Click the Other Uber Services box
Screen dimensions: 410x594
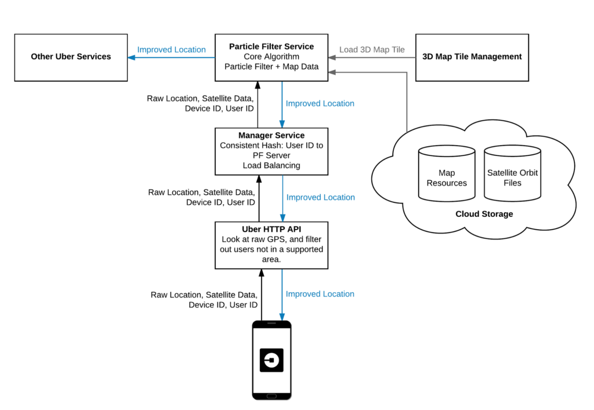71,57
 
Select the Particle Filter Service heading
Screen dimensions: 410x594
271,46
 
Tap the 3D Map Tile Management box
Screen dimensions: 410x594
472,57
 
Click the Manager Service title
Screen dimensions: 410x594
271,135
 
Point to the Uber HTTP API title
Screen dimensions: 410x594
271,230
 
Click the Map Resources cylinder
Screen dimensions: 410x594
447,174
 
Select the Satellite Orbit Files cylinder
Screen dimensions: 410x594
512,174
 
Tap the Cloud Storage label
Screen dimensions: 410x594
484,214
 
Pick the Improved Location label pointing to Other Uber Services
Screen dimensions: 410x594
171,49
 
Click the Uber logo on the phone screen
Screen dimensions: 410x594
271,360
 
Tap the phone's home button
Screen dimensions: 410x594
271,396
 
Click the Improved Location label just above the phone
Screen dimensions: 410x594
320,294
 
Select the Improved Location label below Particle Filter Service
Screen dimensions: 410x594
320,103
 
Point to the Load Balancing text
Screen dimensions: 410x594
271,165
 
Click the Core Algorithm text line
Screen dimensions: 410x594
271,57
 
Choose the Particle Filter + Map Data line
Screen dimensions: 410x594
271,67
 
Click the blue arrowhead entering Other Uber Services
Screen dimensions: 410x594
132,57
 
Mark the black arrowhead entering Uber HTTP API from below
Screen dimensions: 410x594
261,273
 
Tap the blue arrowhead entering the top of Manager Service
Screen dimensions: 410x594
282,124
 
